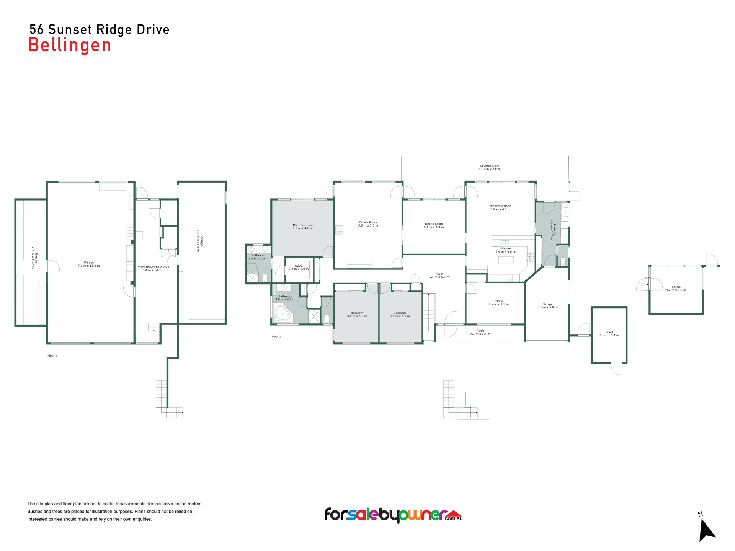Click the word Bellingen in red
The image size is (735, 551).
(70, 46)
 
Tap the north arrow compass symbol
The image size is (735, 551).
(706, 530)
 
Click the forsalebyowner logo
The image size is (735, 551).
(394, 515)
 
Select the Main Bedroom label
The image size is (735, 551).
(302, 225)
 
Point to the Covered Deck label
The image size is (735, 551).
(490, 166)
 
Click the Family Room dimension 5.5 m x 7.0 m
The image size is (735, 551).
(368, 226)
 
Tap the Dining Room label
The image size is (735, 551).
(434, 224)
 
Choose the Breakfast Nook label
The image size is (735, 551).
(500, 206)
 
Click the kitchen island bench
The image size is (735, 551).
(506, 260)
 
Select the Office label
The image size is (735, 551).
(498, 301)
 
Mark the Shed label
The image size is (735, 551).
(609, 332)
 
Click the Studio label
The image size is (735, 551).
(676, 287)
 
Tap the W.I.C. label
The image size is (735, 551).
(299, 266)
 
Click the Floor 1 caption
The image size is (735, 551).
(52, 356)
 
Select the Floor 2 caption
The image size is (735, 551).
(276, 337)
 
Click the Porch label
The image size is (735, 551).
(480, 331)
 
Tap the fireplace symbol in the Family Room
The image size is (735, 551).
(339, 230)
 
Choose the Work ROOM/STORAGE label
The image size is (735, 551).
(154, 267)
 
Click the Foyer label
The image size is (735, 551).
(439, 274)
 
